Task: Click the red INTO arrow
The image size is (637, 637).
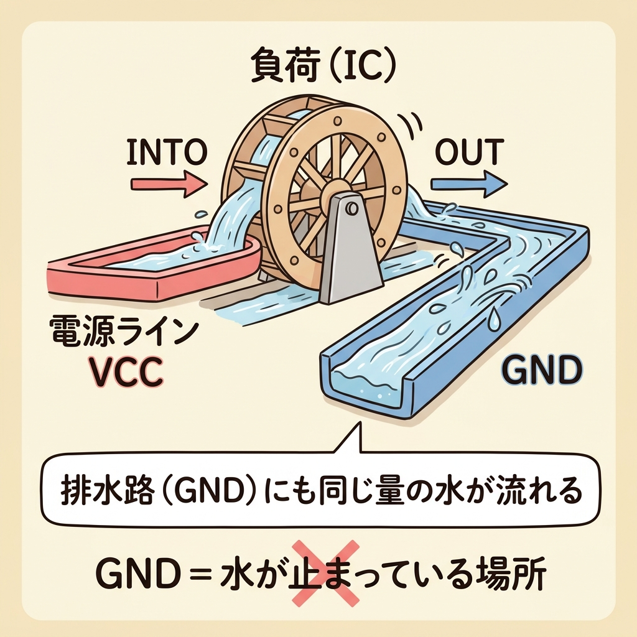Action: click(167, 184)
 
